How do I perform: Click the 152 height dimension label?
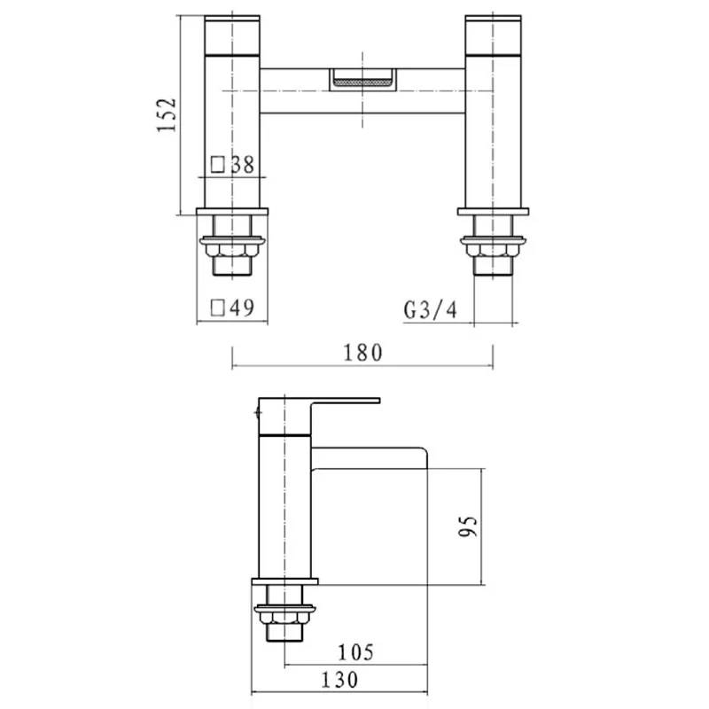click(x=166, y=114)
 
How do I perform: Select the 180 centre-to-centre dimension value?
click(x=362, y=353)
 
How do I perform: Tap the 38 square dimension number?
click(x=243, y=165)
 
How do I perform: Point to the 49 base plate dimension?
click(x=242, y=308)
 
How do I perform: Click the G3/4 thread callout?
click(x=430, y=310)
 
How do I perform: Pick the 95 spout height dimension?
click(x=468, y=526)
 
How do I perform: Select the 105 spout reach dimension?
click(x=356, y=652)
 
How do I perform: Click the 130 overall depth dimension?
click(x=339, y=680)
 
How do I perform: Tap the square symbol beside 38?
click(x=218, y=165)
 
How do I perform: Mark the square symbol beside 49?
click(x=218, y=308)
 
